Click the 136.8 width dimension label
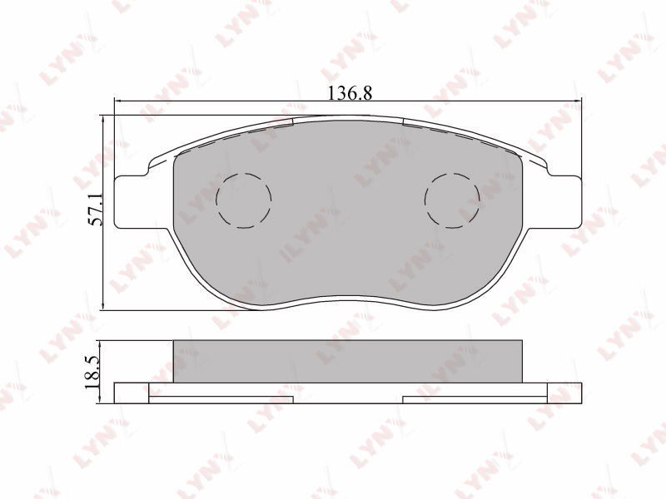[x=350, y=92]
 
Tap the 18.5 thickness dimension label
[x=92, y=372]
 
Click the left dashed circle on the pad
[x=243, y=200]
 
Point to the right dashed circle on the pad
[x=452, y=200]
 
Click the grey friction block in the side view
[x=348, y=361]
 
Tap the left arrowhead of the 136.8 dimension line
[x=117, y=101]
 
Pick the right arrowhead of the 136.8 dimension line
[x=578, y=101]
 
